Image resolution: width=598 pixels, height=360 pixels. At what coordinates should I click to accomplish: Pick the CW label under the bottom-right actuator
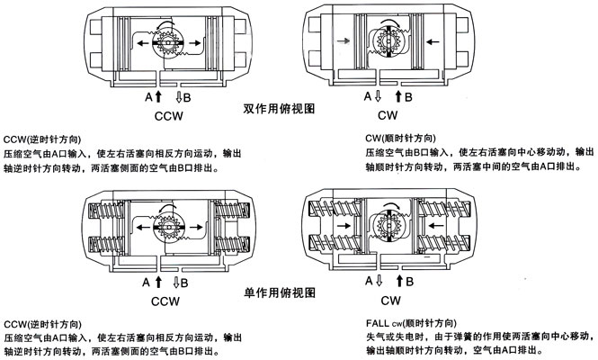[388, 300]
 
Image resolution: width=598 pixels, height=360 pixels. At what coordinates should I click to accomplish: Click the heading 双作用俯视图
[279, 108]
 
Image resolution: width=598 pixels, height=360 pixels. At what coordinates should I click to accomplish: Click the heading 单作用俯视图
[279, 292]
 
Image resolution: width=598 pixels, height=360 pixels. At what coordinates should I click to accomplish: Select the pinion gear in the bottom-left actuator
[168, 220]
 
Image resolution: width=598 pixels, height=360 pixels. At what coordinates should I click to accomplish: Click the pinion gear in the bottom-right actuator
[388, 220]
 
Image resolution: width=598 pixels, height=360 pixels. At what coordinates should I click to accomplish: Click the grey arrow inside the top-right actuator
[341, 41]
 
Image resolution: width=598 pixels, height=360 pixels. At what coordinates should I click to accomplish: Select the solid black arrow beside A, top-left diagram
[158, 94]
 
